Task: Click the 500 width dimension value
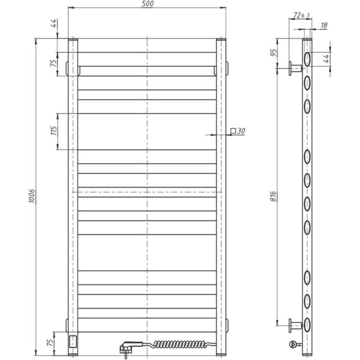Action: click(x=147, y=4)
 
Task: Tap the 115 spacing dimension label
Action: click(x=54, y=131)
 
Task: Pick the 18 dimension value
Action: click(x=325, y=25)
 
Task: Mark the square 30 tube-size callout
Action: click(x=238, y=131)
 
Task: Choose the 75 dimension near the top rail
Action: click(x=54, y=62)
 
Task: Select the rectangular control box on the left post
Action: click(x=73, y=340)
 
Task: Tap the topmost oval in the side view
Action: click(x=307, y=59)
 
